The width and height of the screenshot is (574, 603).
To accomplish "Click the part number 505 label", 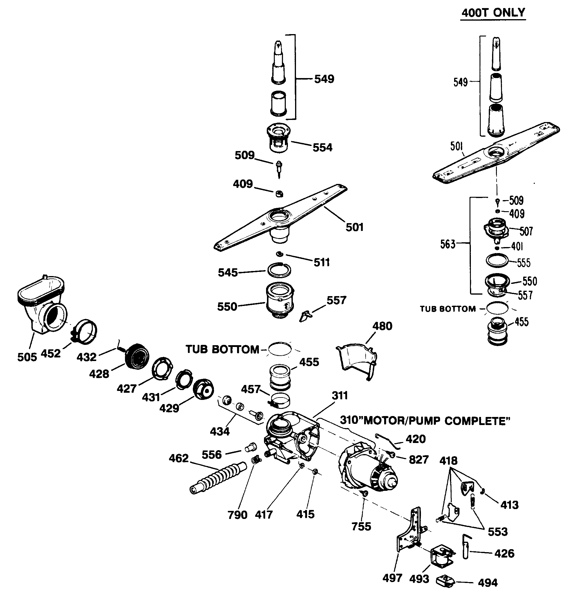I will [27, 357].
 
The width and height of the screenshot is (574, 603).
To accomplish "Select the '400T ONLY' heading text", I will [493, 13].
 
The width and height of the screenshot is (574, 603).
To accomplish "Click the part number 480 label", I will [382, 326].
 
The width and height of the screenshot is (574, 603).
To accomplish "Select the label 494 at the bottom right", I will [488, 582].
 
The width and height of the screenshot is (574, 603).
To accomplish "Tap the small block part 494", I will [445, 581].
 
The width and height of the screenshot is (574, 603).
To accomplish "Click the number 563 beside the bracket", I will [448, 244].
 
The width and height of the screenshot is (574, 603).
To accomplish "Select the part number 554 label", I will [322, 147].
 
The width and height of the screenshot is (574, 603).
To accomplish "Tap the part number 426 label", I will [504, 553].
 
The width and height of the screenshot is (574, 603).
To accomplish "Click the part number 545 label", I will [228, 272].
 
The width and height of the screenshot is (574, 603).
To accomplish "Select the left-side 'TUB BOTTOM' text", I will [222, 349].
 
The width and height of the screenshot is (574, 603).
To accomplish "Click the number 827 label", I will [419, 459].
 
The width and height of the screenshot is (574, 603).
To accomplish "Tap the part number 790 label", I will [237, 515].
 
